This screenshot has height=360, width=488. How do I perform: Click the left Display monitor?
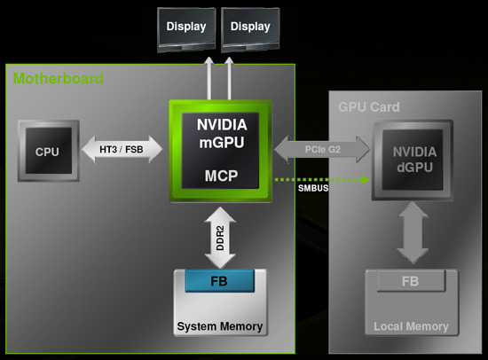point(186,30)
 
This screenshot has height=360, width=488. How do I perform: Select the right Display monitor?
point(250,30)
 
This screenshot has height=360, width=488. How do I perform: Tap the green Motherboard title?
point(58,78)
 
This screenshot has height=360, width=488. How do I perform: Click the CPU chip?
point(49,151)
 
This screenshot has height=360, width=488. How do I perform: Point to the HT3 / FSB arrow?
point(122,149)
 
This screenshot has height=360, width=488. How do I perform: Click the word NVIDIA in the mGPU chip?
point(222,125)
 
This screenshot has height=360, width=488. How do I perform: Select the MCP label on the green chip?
point(221,176)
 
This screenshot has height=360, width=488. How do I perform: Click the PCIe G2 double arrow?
point(322,149)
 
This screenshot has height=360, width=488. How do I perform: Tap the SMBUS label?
point(313,188)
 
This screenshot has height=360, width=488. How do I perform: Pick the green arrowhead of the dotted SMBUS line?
point(366,179)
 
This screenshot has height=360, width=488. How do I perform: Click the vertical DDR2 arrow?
point(220,238)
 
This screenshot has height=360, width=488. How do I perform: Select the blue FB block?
point(220,281)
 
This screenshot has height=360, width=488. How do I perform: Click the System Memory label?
point(220,326)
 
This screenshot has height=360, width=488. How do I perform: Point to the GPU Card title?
point(369,107)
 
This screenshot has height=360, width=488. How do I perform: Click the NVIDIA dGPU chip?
point(413,160)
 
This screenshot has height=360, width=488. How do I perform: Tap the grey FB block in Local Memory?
point(411,281)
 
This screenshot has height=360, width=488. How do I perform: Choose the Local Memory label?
point(411,326)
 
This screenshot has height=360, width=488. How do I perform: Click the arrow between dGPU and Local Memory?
point(413,232)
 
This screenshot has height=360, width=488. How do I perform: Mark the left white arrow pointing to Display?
point(209,78)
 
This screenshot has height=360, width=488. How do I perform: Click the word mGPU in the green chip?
point(222,143)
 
